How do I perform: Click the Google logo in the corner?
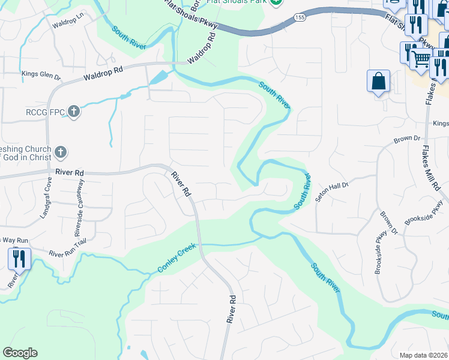point(20,353)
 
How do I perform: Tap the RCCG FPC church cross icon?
point(73,111)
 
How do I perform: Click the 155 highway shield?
point(300,19)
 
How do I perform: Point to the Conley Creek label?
point(177,257)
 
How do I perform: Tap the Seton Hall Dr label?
point(333,187)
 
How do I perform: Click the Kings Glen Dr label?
point(41,76)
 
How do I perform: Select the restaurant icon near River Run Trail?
point(19,259)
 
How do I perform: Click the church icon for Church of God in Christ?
point(60,153)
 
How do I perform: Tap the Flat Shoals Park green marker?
point(276,2)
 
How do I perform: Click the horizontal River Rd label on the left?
point(69,172)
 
